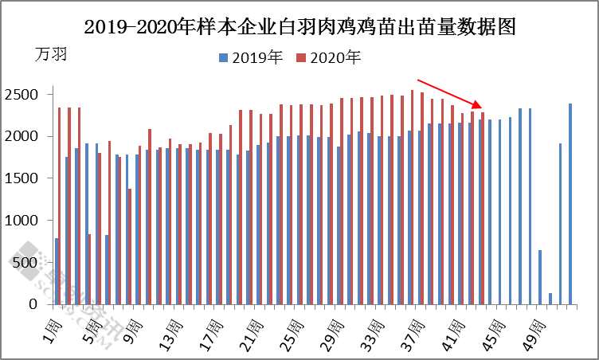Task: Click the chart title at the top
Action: click(x=300, y=26)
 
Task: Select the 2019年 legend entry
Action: click(x=251, y=57)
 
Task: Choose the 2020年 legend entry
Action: click(x=328, y=57)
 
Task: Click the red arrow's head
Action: click(x=480, y=107)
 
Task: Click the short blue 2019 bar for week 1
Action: click(x=57, y=271)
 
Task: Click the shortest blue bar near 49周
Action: click(x=550, y=299)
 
